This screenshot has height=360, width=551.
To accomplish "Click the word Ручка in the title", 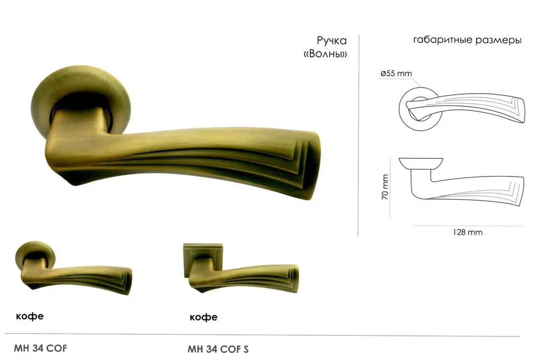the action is (331, 41).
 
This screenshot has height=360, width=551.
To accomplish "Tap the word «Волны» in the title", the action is (325, 54).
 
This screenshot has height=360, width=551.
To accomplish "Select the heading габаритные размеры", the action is (467, 40).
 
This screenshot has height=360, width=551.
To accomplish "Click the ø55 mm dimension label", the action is (396, 74).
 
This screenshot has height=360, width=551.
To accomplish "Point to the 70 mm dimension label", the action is (385, 187).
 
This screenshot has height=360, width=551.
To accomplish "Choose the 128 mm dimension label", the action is (468, 232).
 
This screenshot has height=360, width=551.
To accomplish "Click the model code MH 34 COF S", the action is (218, 349).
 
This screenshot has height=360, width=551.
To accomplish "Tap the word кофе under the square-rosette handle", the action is (203, 317).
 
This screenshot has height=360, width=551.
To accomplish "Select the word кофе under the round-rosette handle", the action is (30, 316).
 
